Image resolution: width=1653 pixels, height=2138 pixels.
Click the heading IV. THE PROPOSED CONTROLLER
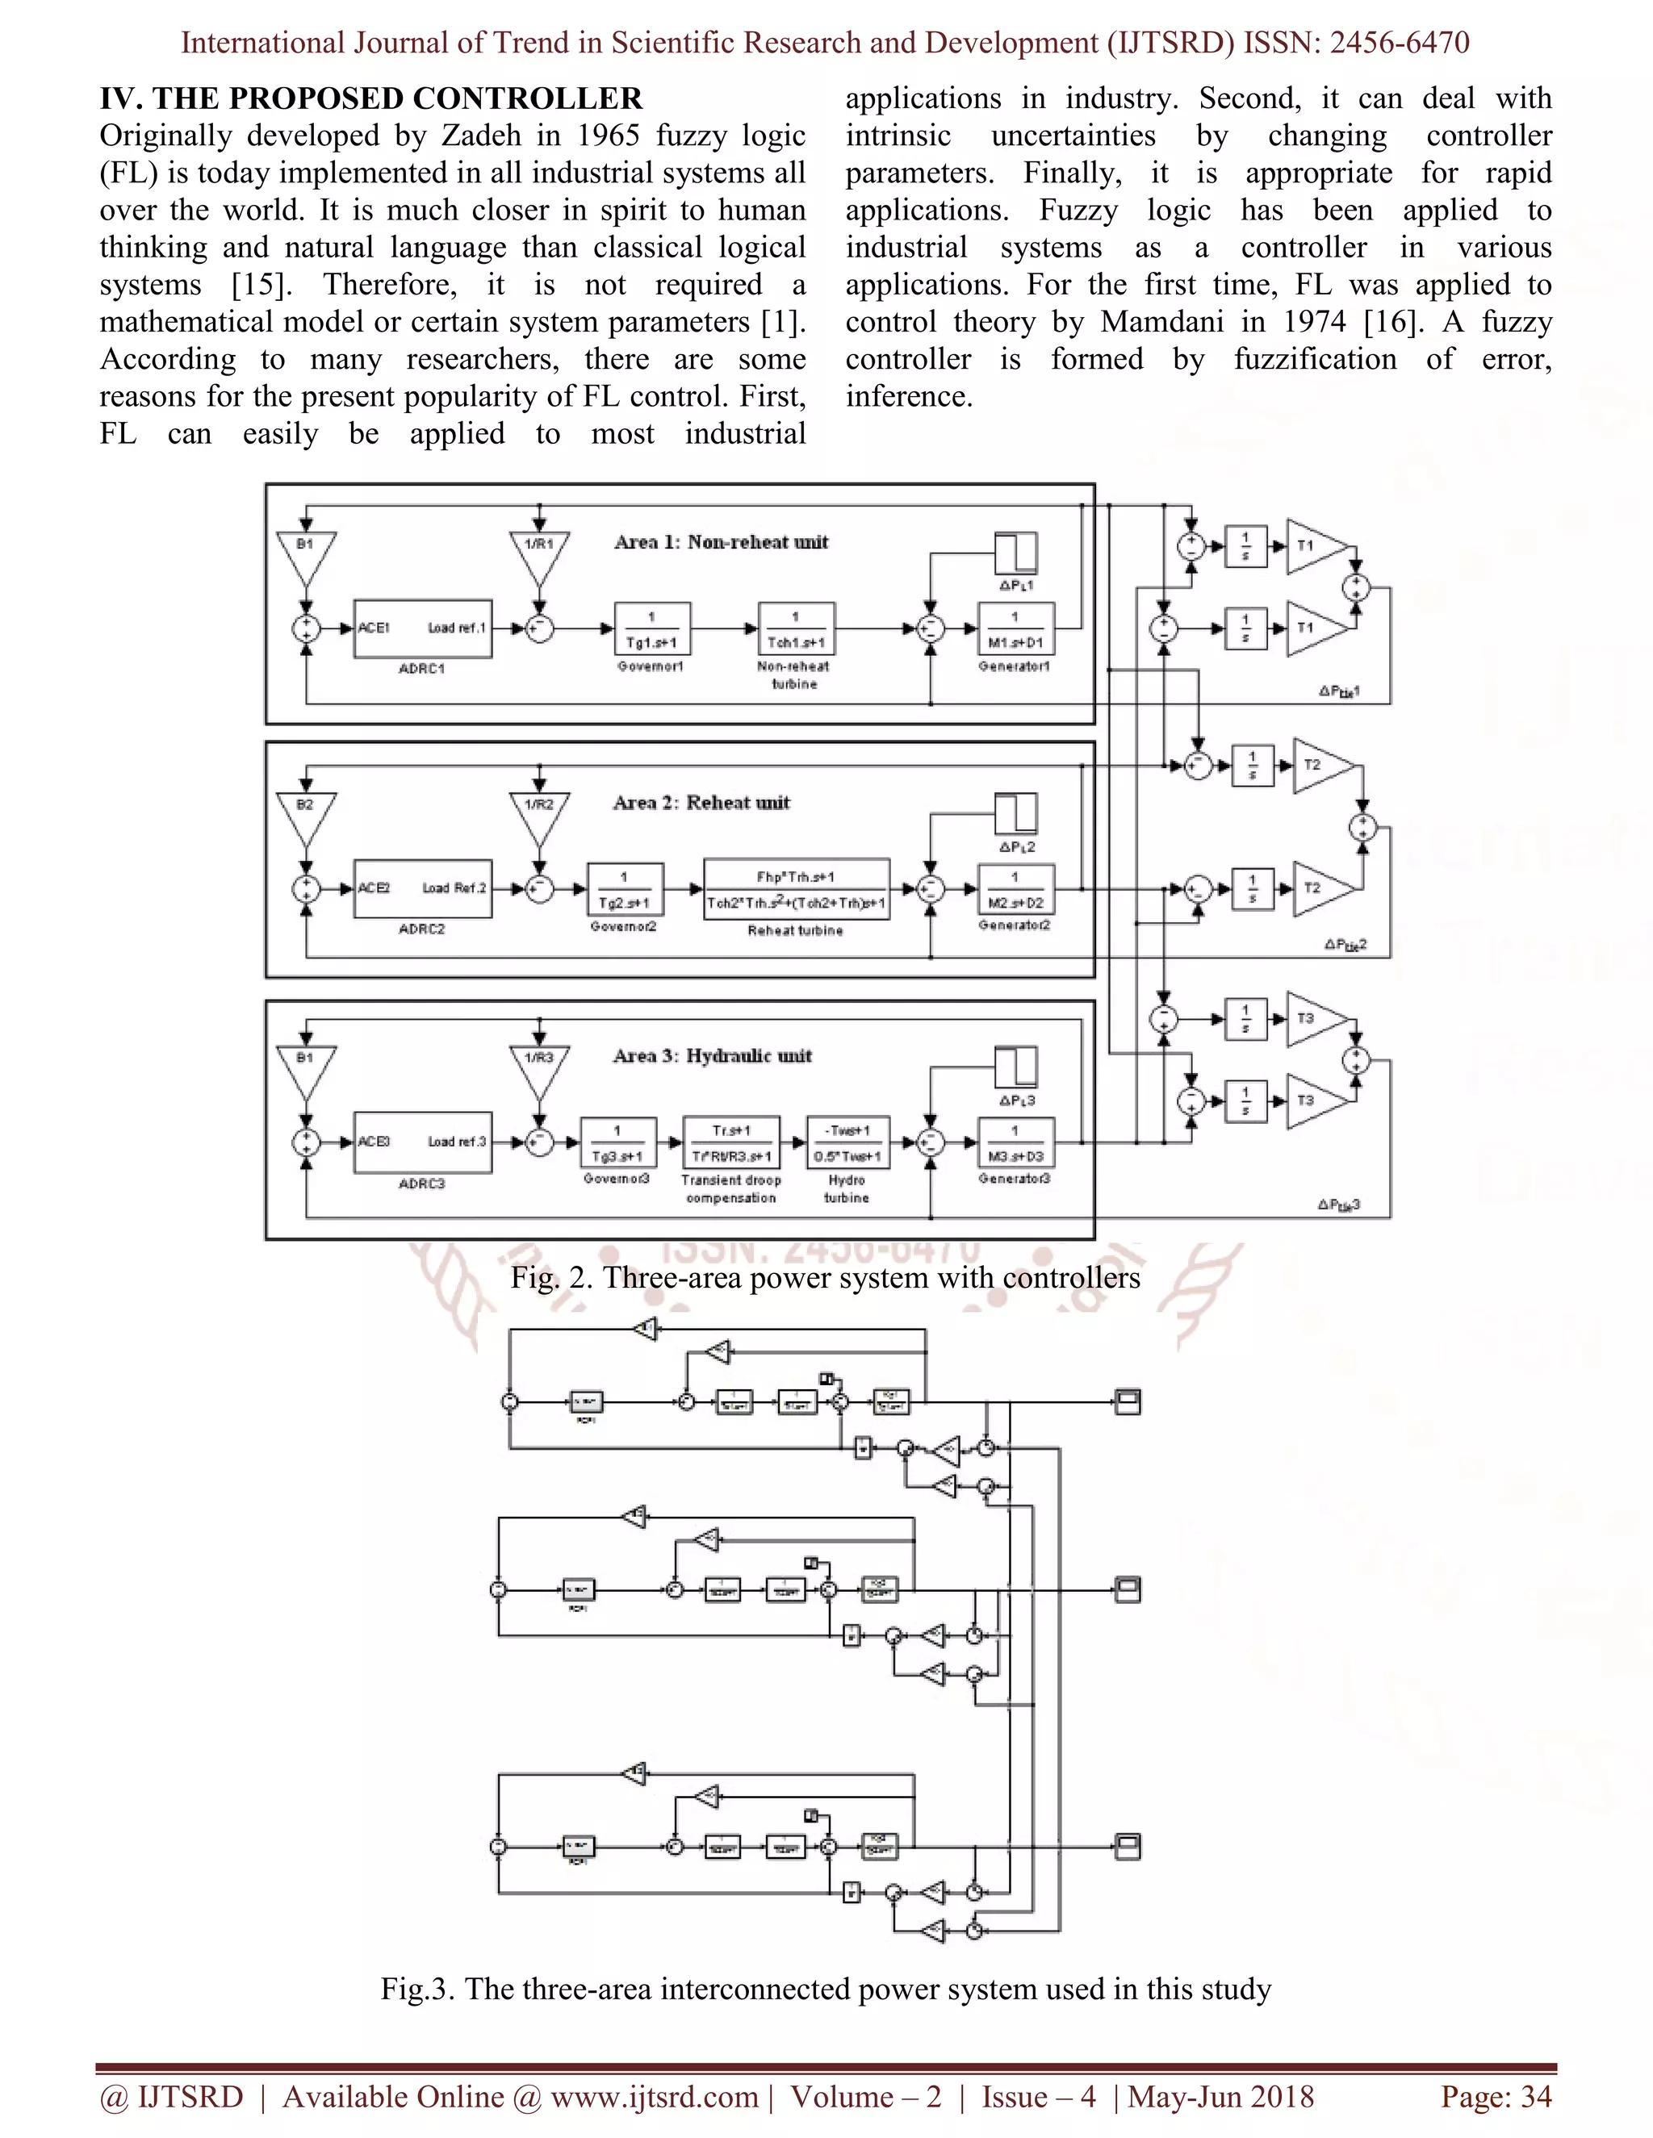point(371,99)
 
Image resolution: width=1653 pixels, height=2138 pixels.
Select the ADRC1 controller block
point(422,628)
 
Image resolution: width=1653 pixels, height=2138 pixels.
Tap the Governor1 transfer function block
point(652,628)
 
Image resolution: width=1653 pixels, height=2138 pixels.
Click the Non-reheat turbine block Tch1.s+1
point(796,628)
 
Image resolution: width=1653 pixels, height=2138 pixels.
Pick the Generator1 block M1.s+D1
point(1015,628)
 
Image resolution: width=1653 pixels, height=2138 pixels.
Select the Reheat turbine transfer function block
point(796,889)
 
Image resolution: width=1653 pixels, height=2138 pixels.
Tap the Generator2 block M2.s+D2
point(1015,889)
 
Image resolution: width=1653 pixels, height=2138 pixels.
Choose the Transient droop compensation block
point(730,1142)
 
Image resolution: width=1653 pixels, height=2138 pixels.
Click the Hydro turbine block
point(847,1142)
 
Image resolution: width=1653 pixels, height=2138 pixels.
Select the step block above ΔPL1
point(1015,553)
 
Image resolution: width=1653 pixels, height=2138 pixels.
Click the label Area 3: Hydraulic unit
point(712,1056)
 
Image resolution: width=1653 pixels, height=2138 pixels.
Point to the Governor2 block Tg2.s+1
point(625,889)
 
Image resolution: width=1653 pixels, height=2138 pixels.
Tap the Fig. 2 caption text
point(825,1277)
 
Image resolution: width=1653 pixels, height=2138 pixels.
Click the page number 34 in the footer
point(1534,2096)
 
